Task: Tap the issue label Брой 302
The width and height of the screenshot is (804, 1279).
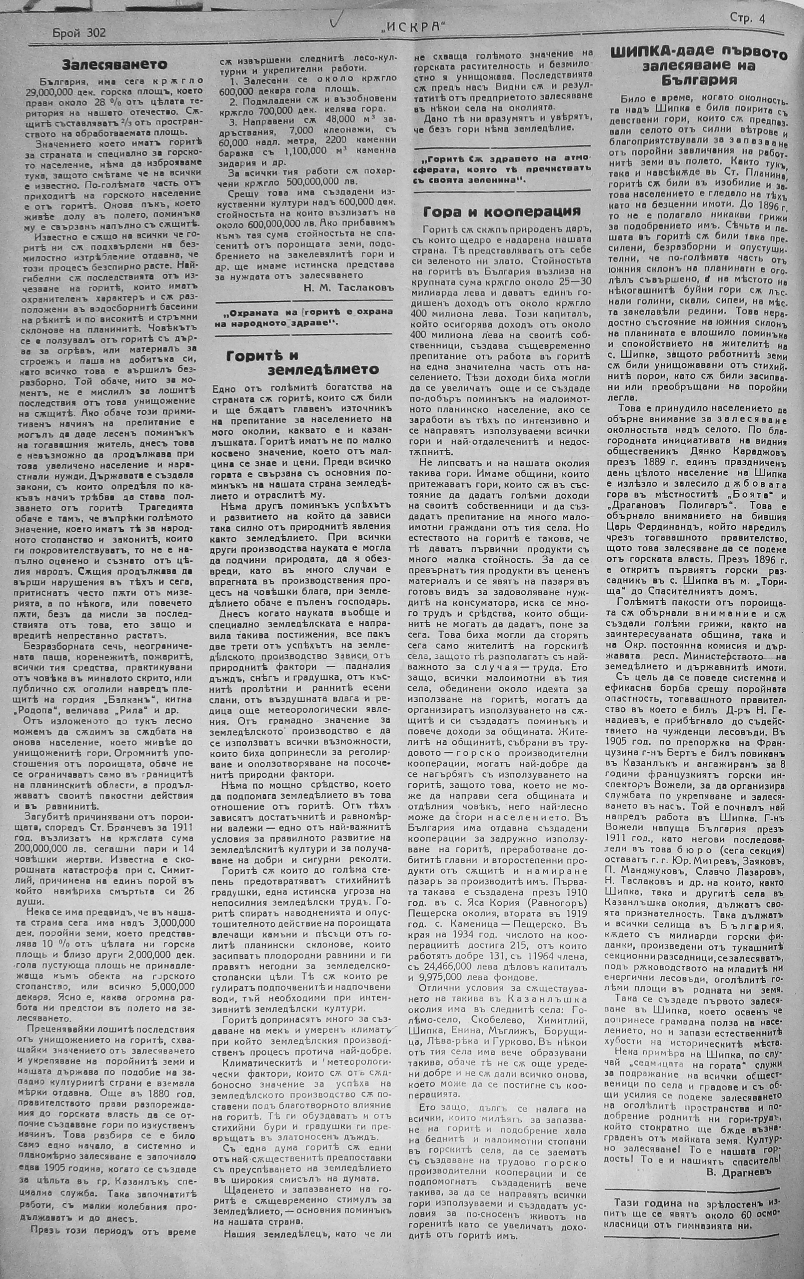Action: (x=80, y=33)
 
